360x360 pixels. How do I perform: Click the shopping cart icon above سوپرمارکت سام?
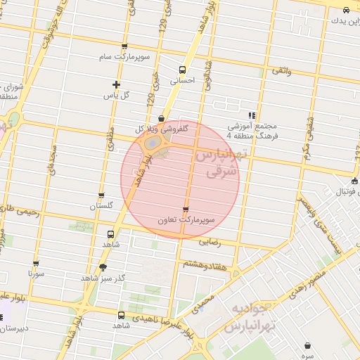pos(124,46)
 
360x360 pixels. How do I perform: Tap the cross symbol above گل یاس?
pos(115,84)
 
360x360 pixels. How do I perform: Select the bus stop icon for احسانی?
pos(183,70)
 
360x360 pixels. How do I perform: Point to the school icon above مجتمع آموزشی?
pos(252,115)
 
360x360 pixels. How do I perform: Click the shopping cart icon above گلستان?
pos(101,195)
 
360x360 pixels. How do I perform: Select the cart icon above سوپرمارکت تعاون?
pos(186,209)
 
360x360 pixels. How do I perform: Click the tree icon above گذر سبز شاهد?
pos(104,266)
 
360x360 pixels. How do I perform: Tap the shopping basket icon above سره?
pos(308,345)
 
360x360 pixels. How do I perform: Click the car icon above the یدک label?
pos(347,10)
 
